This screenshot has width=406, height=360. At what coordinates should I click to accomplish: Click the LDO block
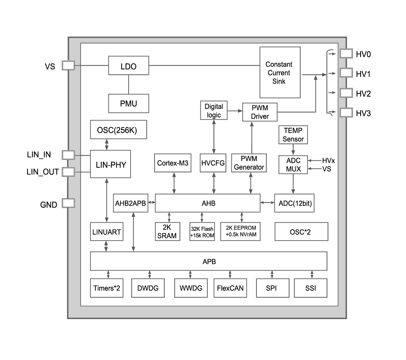(128, 66)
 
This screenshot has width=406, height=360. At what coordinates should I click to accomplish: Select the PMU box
(128, 103)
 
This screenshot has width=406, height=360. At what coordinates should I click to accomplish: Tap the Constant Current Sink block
(280, 72)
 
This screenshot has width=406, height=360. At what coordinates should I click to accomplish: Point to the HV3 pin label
(363, 114)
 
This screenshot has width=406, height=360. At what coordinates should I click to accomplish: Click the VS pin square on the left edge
(68, 65)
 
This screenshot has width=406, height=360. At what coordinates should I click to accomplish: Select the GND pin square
(68, 203)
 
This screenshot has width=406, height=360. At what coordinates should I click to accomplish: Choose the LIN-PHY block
(110, 164)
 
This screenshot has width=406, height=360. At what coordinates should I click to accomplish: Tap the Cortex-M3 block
(173, 163)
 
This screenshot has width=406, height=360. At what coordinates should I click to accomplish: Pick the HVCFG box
(213, 163)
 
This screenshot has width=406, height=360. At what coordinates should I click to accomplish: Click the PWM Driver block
(260, 112)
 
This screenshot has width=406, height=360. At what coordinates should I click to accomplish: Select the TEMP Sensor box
(293, 135)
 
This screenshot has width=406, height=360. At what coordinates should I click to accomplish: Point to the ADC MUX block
(293, 165)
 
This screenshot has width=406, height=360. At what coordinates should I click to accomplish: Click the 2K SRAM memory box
(167, 231)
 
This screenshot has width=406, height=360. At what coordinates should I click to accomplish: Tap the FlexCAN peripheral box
(230, 288)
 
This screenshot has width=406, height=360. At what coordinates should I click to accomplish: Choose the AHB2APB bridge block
(130, 203)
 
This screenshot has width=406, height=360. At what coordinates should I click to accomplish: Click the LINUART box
(107, 232)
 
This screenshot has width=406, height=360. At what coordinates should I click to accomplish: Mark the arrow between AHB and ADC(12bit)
(268, 203)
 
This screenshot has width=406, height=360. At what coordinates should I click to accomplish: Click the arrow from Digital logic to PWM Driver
(235, 111)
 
